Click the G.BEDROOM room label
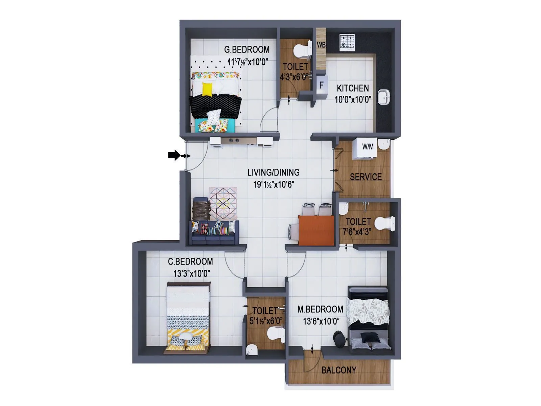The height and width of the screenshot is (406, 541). (x=247, y=50)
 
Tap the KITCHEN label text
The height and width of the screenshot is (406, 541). (x=353, y=88)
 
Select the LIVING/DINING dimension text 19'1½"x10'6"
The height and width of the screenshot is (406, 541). (x=274, y=185)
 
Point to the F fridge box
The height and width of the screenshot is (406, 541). (x=322, y=85)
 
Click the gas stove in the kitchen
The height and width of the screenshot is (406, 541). (x=347, y=42)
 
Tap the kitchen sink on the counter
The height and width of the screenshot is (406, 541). (x=384, y=97)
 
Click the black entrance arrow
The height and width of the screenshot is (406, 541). (x=174, y=155)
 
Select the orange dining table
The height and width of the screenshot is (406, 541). (x=316, y=230)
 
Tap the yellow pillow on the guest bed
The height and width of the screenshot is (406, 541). (x=207, y=89)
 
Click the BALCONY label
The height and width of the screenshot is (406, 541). (x=338, y=370)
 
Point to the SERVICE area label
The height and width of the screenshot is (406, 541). (x=366, y=177)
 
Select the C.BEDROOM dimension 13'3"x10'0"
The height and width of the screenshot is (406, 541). (x=191, y=273)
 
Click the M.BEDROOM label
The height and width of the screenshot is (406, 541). (x=320, y=309)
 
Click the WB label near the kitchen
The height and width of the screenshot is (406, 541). (x=321, y=45)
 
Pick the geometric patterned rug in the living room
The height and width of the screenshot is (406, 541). (x=223, y=203)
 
